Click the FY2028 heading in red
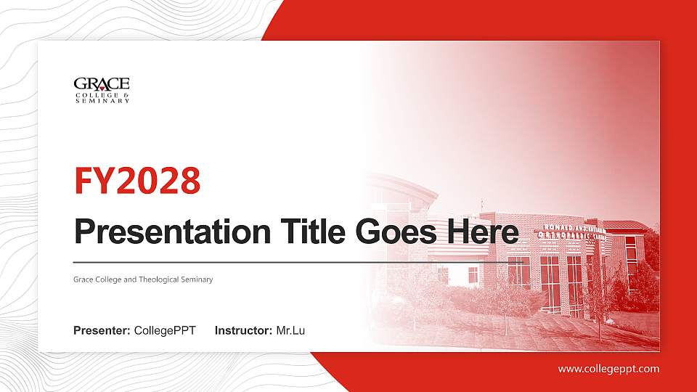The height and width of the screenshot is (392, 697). point(137,181)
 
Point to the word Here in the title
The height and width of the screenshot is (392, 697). point(484,232)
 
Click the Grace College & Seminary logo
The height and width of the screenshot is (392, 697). point(102,90)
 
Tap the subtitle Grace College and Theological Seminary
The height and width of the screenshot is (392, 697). point(143,279)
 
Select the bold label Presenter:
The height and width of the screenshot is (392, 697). point(102,331)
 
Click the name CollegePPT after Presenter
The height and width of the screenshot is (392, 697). point(165,331)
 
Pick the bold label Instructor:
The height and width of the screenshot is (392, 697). point(244,331)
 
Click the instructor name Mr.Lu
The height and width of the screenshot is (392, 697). point(290,331)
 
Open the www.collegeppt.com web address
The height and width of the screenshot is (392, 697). point(608,369)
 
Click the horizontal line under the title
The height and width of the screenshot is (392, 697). point(290,262)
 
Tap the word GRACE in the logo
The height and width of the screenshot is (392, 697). point(102,83)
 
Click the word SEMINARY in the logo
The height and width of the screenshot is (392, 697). point(102,101)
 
